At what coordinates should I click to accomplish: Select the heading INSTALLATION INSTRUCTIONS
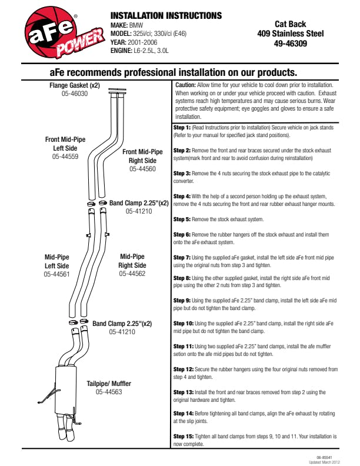[x=166, y=15]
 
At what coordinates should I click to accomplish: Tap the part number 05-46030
[x=74, y=93]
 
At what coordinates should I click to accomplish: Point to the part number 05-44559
[x=66, y=157]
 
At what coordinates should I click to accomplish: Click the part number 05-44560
[x=142, y=169]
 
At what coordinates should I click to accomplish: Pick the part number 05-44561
[x=56, y=274]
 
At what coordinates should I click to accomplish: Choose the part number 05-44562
[x=132, y=274]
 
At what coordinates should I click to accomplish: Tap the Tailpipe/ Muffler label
[x=109, y=384]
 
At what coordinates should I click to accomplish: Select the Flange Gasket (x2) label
[x=74, y=85]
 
